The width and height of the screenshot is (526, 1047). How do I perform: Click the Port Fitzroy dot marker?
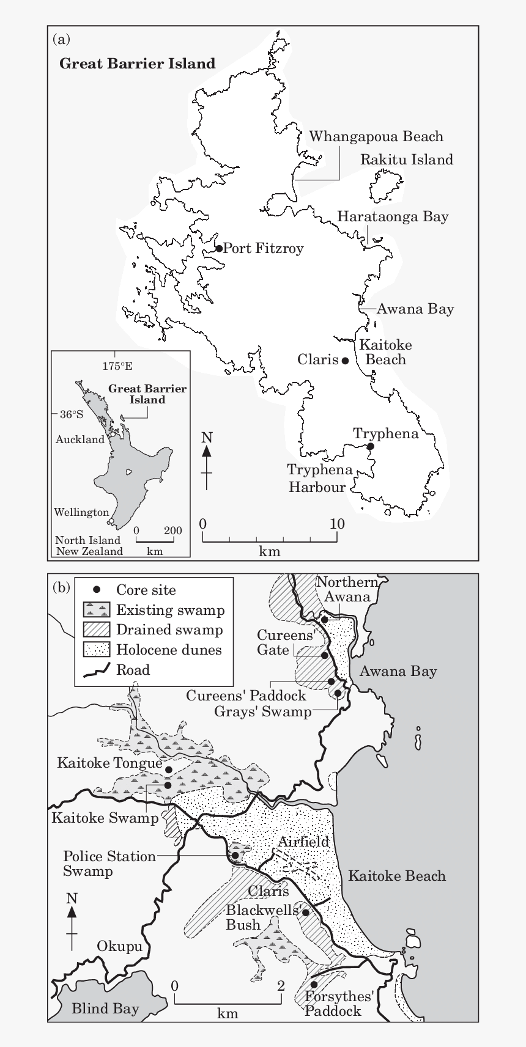(219, 248)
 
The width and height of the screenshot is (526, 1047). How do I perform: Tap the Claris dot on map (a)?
(345, 361)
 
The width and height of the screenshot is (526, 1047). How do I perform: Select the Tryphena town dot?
(370, 446)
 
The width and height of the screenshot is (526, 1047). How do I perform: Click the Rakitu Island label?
(406, 160)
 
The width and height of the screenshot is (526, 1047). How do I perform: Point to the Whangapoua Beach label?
(376, 136)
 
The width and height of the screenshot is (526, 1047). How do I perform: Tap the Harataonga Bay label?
(393, 216)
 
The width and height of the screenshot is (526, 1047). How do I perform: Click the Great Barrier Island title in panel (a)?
(137, 64)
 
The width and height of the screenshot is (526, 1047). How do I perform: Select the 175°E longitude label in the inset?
(117, 366)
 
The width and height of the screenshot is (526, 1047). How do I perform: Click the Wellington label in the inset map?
(81, 512)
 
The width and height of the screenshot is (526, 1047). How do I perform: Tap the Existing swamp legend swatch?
(97, 609)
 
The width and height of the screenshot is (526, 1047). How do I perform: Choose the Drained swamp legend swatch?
(97, 630)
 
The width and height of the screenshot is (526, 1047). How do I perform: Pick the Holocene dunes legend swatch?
(97, 649)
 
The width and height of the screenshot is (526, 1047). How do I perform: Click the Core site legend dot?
(97, 590)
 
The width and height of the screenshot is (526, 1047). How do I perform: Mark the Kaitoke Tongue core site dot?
(169, 770)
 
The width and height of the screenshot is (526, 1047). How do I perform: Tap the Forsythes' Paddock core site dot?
(314, 985)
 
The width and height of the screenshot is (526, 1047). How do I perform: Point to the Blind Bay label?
(105, 1008)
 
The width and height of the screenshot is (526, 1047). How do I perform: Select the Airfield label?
(303, 842)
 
